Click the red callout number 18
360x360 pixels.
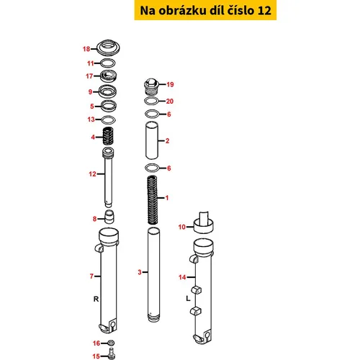[86, 49]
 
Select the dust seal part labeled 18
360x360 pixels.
[108, 48]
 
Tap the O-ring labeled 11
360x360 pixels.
[107, 63]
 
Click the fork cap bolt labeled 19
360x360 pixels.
[151, 86]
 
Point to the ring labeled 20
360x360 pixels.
[151, 101]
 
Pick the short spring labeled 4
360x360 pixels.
[108, 135]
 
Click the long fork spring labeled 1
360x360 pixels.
[152, 200]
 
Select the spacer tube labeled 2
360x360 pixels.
[152, 140]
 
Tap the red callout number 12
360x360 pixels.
[92, 174]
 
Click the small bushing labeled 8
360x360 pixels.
[109, 217]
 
